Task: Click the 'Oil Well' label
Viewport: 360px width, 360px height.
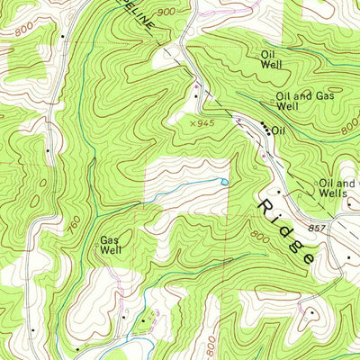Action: coord(273,58)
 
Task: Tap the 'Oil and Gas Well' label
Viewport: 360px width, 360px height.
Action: coord(298,100)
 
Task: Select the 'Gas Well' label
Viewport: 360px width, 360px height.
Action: coord(110,245)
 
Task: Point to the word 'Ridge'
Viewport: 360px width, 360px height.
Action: coord(286,231)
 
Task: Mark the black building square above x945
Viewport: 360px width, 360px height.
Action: coord(195,94)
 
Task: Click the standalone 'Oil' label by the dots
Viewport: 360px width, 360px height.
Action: coord(278,130)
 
